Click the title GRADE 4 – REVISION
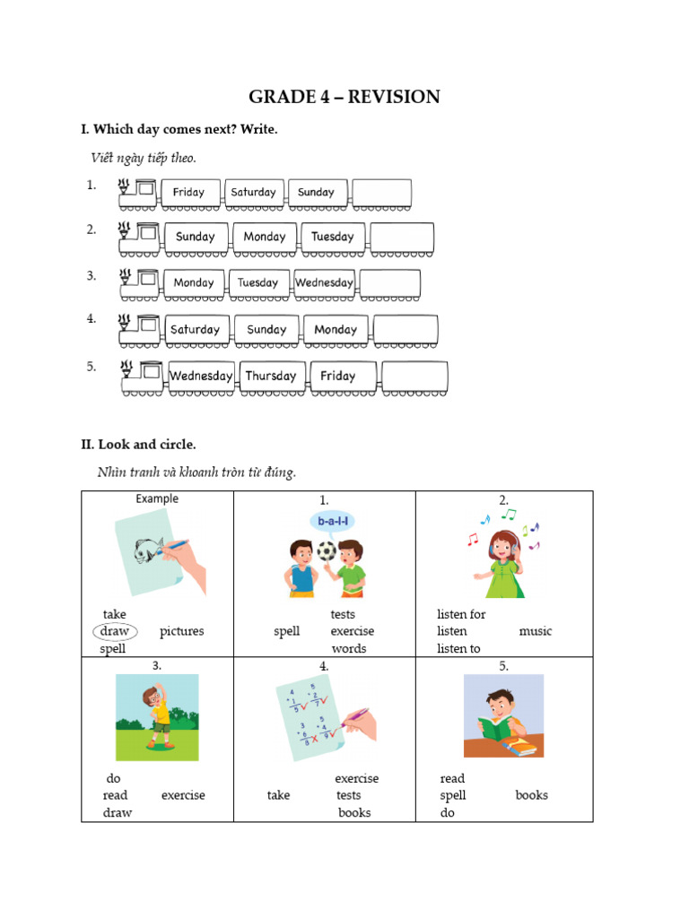coord(344,97)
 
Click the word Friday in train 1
coord(188,192)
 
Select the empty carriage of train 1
coord(382,193)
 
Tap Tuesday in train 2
coord(332,237)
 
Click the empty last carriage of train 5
coord(414,377)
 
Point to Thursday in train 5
coord(271,377)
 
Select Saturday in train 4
coord(195,330)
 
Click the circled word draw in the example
coord(115,631)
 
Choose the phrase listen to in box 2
coord(458,648)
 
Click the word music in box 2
coord(536,631)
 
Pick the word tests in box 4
coord(349,795)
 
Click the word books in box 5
coord(531,795)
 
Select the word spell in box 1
coord(287,631)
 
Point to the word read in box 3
coord(115,795)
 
